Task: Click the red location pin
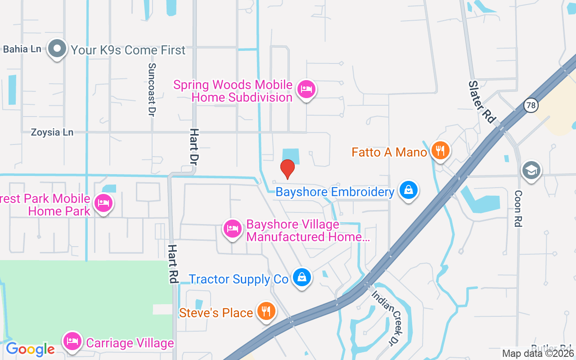(x=287, y=169)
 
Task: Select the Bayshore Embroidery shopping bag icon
(x=408, y=190)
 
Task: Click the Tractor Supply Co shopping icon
(x=301, y=278)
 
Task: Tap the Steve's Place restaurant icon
(x=266, y=311)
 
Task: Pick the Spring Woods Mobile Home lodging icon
(x=306, y=89)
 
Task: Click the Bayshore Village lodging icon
(x=232, y=229)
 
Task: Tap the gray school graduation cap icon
(x=531, y=170)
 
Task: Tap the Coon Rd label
(x=518, y=208)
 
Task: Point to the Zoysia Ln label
(x=52, y=132)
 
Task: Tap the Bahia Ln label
(x=22, y=49)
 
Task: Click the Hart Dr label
(x=194, y=146)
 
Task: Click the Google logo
(x=30, y=349)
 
